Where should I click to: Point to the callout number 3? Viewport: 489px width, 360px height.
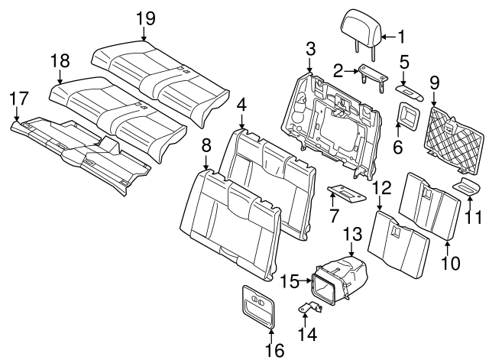(309, 50)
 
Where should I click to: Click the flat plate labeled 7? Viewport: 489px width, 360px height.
(346, 193)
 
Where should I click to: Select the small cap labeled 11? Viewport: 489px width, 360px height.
(467, 187)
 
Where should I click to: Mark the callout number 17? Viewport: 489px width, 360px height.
(21, 97)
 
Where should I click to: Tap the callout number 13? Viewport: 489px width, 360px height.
(352, 232)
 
